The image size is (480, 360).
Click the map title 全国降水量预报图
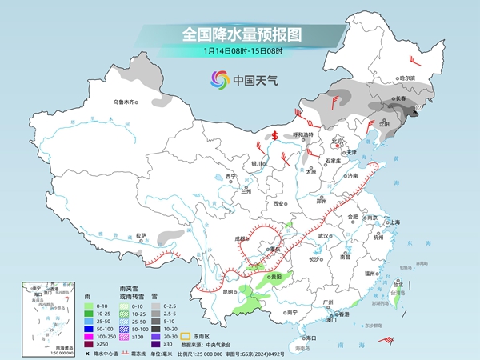pos(240,34)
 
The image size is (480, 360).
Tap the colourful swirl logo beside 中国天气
pos(219,79)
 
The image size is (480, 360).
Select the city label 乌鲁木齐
pos(125,102)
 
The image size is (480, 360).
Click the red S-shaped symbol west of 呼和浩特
pos(274,135)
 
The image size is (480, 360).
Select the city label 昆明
pos(207,292)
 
